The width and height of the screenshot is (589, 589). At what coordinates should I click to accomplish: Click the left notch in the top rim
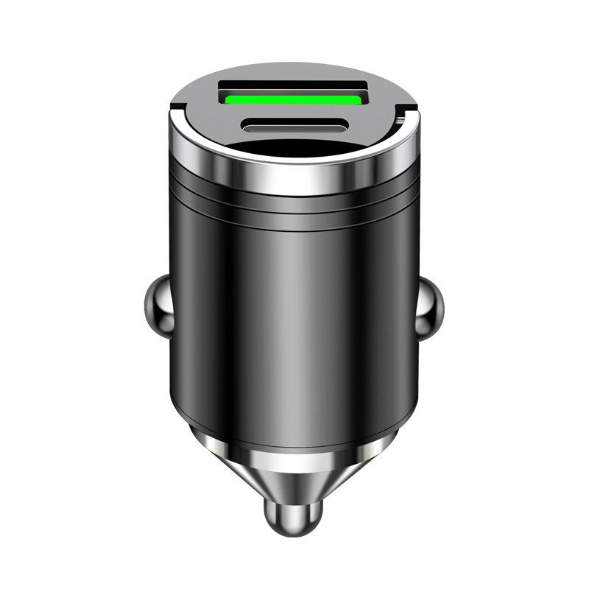(177, 111)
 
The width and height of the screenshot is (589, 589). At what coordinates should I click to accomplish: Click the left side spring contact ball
(158, 305)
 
